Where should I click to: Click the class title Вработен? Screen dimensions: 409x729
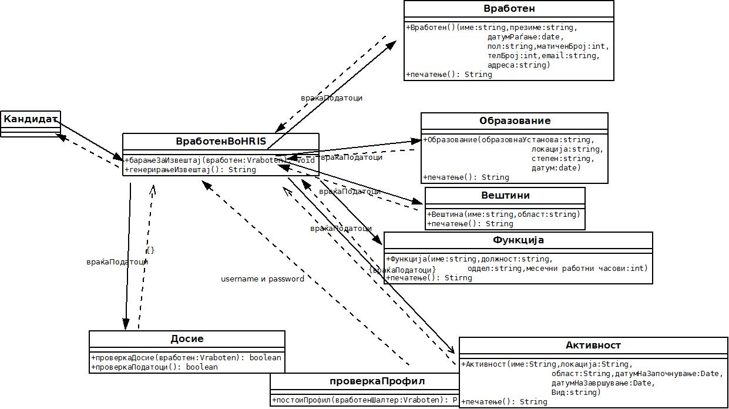pos(509,9)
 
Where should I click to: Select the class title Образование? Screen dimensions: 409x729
pos(515,121)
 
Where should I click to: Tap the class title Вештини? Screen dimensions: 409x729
pos(505,196)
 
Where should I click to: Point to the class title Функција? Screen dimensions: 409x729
pos(518,240)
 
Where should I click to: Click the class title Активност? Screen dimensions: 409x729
pos(593,346)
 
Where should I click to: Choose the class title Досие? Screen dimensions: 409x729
pos(187,339)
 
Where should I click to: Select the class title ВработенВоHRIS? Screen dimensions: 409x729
pos(221,142)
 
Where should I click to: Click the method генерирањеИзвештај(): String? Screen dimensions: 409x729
pos(190,170)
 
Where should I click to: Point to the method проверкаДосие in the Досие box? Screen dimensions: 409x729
pos(186,358)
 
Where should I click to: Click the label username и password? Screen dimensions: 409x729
pos(263,279)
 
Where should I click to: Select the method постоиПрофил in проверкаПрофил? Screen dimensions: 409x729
pos(364,400)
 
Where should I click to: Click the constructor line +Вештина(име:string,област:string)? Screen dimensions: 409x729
pos(504,214)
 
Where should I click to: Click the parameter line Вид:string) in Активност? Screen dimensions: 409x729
pos(576,393)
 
